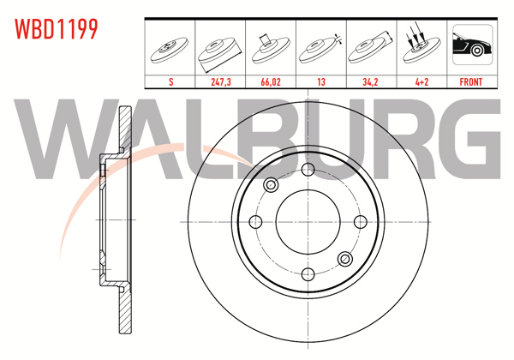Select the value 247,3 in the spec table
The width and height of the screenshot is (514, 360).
point(221,83)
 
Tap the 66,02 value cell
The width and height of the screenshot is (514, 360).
point(272,83)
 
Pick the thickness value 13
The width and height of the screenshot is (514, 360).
point(321,83)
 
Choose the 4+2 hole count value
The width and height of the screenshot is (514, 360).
point(421,83)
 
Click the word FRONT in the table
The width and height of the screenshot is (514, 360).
point(472,83)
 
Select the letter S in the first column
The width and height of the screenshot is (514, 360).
point(171,83)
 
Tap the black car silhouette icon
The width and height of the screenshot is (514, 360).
point(472,48)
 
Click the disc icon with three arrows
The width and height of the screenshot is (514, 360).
point(421,48)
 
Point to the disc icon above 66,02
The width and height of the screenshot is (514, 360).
point(272,48)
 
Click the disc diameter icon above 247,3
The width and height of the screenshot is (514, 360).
point(221,50)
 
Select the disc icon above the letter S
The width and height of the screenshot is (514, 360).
point(171,50)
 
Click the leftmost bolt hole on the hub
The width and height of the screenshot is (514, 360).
point(254,222)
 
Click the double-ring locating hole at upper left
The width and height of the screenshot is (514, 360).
point(272,184)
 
